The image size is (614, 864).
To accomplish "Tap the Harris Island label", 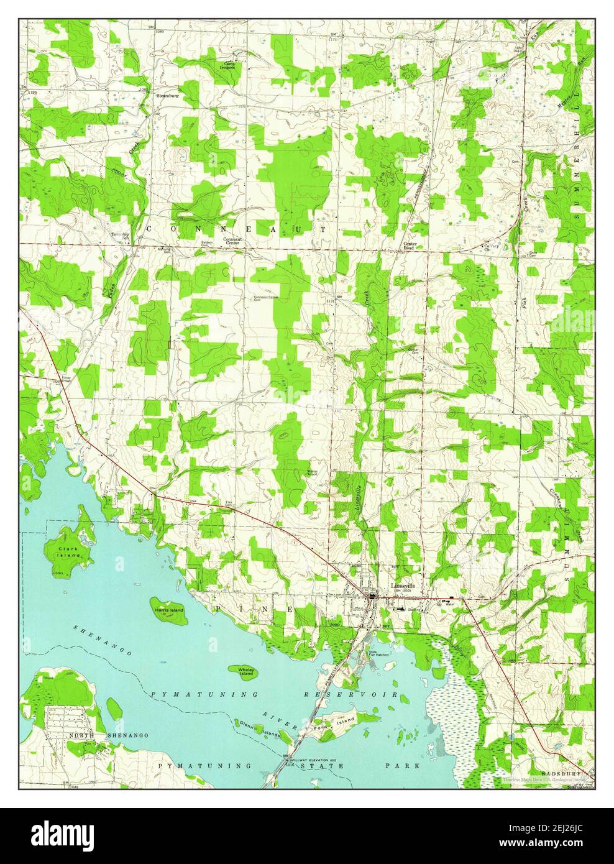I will [169, 611].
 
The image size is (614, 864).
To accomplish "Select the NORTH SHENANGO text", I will [109, 735].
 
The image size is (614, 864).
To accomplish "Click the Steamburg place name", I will [168, 96].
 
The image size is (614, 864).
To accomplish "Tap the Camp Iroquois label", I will [230, 66].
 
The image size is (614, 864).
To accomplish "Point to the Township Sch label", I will [120, 236].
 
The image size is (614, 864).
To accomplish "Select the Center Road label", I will [409, 246].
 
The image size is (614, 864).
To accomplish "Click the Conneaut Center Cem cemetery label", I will [267, 298].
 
